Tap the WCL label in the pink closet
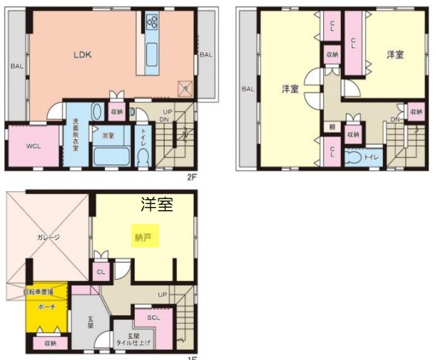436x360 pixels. coord(33,146)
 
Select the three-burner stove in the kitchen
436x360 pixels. coord(153,21)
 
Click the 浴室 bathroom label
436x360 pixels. coord(108,135)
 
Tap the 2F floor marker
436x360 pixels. coord(191,175)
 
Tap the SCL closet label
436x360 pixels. coord(153,317)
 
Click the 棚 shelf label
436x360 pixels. coord(331,126)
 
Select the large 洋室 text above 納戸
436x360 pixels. coord(156,205)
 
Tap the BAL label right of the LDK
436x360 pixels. coord(206,54)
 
